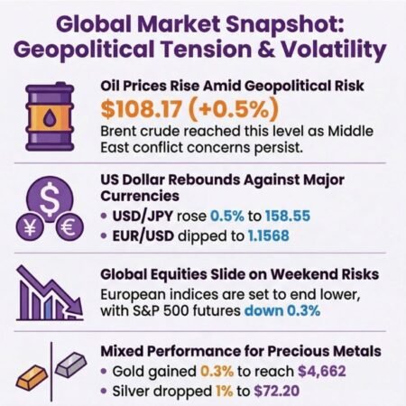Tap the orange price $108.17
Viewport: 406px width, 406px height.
(x=144, y=109)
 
